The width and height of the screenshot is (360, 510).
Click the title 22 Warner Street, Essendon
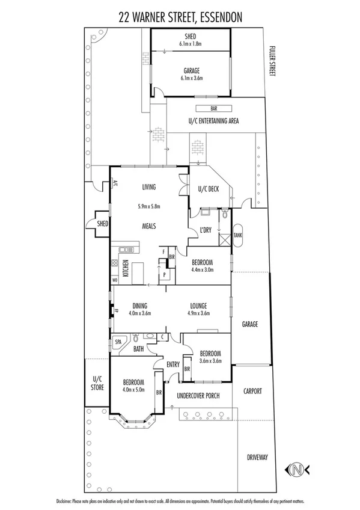[x=180, y=18]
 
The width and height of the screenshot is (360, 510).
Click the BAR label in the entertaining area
[x=213, y=109]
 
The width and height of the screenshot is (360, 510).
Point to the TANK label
[x=237, y=236]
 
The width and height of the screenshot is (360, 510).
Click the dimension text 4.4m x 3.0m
[x=201, y=269]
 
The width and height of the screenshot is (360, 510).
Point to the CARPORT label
[x=252, y=391]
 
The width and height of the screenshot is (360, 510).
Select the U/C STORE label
[x=97, y=383]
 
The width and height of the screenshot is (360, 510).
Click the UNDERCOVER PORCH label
[x=200, y=396]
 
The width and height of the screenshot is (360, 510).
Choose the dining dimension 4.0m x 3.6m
[x=136, y=313]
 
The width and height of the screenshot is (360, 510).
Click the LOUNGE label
[x=198, y=305]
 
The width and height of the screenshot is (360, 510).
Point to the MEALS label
[x=148, y=226]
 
